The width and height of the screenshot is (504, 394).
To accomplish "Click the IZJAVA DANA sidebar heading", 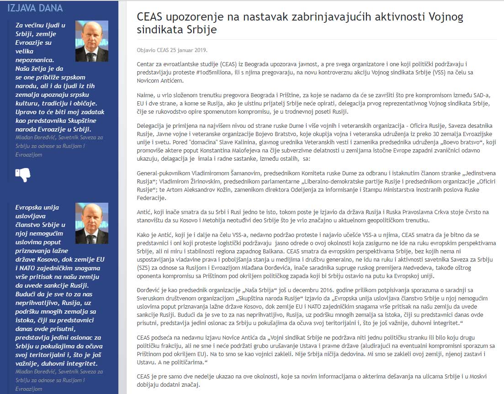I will (35, 8).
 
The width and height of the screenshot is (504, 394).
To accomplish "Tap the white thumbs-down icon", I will (22, 174).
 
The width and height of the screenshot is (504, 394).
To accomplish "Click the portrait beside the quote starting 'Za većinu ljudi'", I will (92, 42).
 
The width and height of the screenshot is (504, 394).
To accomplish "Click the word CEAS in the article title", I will (152, 18).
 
